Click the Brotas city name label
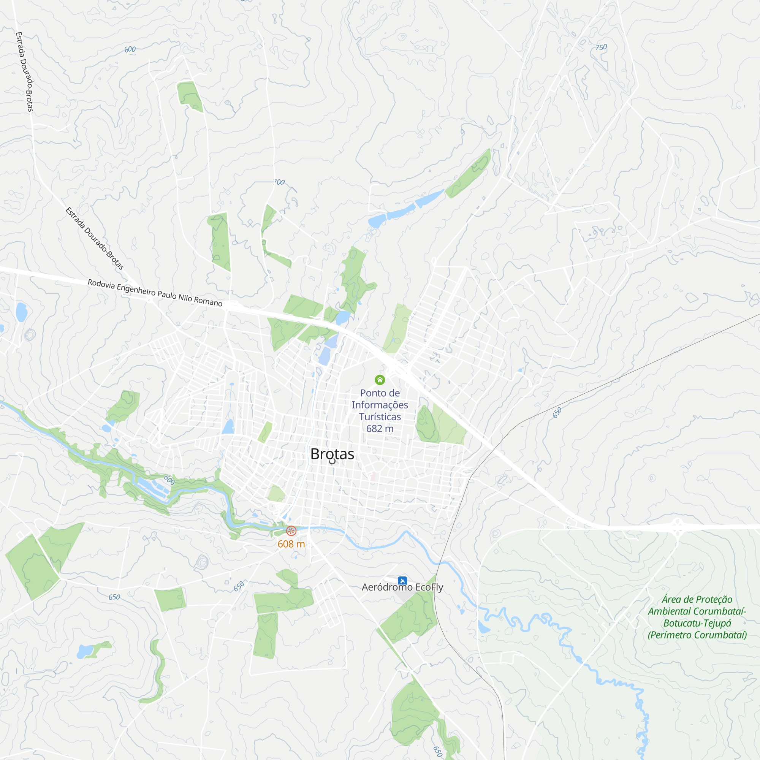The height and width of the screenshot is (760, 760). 332,454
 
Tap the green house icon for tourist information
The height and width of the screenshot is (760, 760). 380,380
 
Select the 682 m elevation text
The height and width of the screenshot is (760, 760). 380,428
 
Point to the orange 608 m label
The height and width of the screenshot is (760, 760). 291,544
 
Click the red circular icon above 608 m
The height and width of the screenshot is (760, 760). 291,530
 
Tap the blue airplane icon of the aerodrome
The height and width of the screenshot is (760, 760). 402,581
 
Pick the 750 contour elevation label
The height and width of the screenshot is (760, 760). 601,47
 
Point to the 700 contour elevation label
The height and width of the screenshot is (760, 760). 279,182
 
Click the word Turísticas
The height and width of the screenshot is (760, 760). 380,416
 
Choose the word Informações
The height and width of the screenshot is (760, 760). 380,405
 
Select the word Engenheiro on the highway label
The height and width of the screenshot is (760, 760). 136,290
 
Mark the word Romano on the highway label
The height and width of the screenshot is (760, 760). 208,301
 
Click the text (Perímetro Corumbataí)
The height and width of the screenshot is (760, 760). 697,635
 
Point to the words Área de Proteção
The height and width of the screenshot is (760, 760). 697,600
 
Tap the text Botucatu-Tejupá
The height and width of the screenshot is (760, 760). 697,624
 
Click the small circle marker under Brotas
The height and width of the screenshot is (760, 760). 332,461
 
